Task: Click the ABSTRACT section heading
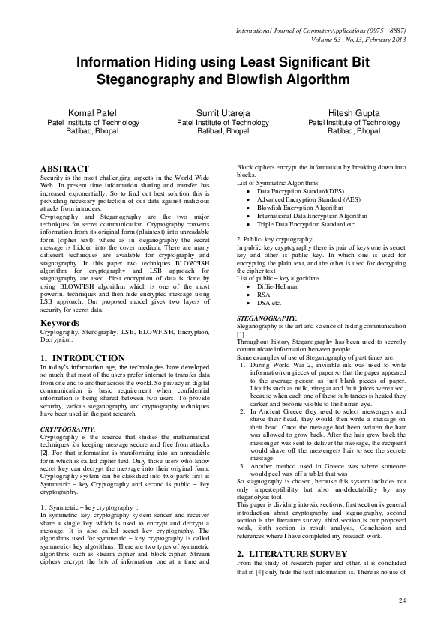pyautogui.click(x=64, y=169)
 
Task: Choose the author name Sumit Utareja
pyautogui.click(x=223, y=112)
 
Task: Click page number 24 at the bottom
pyautogui.click(x=402, y=600)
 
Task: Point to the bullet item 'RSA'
pyautogui.click(x=263, y=295)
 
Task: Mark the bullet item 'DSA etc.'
pyautogui.click(x=269, y=303)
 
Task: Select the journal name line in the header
pyautogui.click(x=321, y=31)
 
